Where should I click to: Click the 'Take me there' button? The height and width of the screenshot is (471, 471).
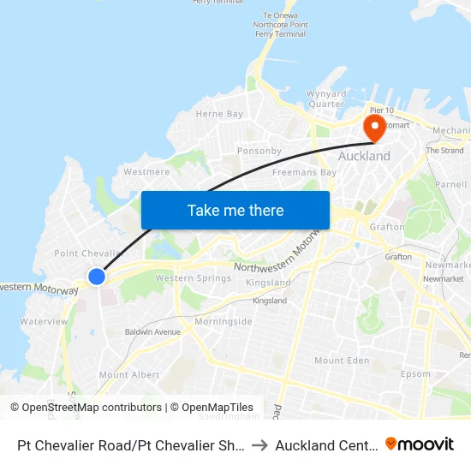pyautogui.click(x=235, y=210)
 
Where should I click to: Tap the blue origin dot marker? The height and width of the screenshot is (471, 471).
pyautogui.click(x=97, y=277)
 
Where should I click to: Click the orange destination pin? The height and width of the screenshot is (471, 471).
pyautogui.click(x=374, y=128)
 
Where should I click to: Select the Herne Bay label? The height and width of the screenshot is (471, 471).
pyautogui.click(x=219, y=114)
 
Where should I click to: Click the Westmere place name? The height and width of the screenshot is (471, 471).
pyautogui.click(x=146, y=171)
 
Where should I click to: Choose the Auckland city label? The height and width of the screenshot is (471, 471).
pyautogui.click(x=364, y=156)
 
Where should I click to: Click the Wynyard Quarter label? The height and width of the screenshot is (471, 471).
pyautogui.click(x=326, y=99)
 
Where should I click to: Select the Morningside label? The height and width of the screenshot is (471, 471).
pyautogui.click(x=224, y=321)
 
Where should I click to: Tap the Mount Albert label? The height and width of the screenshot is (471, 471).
pyautogui.click(x=129, y=375)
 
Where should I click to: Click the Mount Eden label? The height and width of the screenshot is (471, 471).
pyautogui.click(x=342, y=361)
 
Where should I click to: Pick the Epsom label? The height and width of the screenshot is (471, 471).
pyautogui.click(x=415, y=374)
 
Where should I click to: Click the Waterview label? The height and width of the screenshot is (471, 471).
pyautogui.click(x=44, y=321)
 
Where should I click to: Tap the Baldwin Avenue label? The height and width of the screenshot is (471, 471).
pyautogui.click(x=152, y=331)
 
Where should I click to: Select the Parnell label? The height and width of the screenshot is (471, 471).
pyautogui.click(x=450, y=184)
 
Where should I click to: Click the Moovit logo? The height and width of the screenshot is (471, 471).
pyautogui.click(x=420, y=444)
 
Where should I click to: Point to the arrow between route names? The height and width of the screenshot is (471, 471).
pyautogui.click(x=260, y=444)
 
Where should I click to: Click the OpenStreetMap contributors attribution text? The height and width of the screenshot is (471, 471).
pyautogui.click(x=86, y=408)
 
